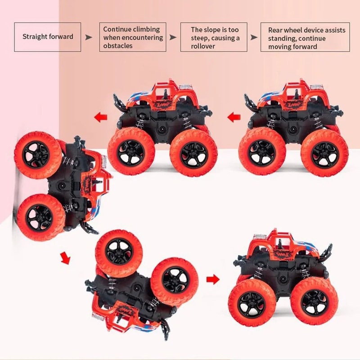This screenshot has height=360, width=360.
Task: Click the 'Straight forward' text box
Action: [x=48, y=36]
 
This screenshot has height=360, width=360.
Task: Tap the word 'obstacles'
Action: [x=118, y=46]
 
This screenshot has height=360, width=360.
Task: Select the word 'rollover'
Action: [x=203, y=46]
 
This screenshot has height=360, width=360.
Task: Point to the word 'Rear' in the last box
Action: [x=276, y=30]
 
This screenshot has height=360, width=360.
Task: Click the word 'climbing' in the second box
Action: [x=145, y=29]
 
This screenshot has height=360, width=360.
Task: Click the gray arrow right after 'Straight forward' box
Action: [x=89, y=37]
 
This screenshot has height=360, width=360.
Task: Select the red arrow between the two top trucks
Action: [x=234, y=118]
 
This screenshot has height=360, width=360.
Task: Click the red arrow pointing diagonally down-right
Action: [x=66, y=258]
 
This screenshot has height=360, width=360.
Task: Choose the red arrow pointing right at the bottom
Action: [x=212, y=279]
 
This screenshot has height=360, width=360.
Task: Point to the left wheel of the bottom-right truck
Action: [x=252, y=302]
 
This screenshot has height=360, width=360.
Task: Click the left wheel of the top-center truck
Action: [x=131, y=152]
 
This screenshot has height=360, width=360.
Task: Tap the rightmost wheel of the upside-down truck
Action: [x=175, y=281]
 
